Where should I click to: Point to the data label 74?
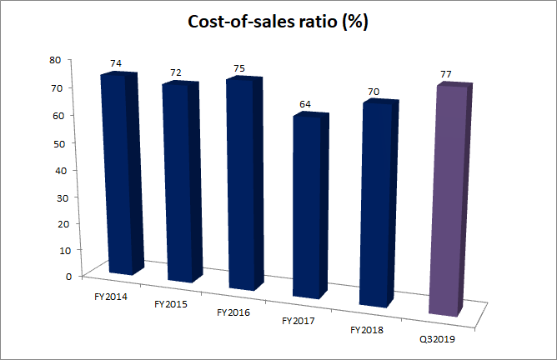[x=115, y=63]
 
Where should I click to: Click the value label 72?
[x=176, y=72]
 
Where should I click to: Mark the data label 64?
[x=305, y=104]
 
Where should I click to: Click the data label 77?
[x=446, y=75]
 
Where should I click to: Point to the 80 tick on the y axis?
[x=56, y=60]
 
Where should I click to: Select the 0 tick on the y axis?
[x=58, y=276]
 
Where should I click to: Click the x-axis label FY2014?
[x=100, y=295]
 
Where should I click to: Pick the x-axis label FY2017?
[x=299, y=320]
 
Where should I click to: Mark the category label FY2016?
[x=233, y=312]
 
